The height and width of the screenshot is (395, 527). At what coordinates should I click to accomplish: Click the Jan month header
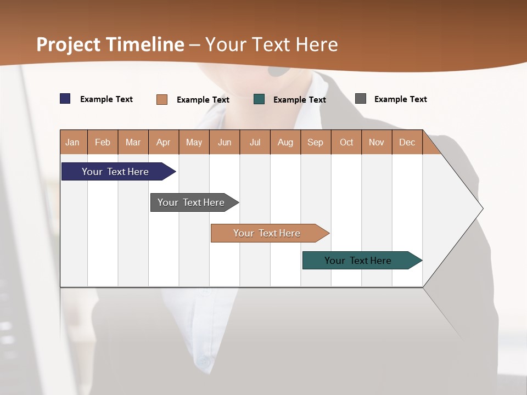[x=73, y=142]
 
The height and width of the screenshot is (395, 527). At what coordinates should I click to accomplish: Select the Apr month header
[x=164, y=142]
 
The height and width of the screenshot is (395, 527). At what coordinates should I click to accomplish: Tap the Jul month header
[x=255, y=142]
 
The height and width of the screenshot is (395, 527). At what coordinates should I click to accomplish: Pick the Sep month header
[x=316, y=142]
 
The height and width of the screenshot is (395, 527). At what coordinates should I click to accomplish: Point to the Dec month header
[x=407, y=142]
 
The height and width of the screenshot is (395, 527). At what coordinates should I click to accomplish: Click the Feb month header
[x=103, y=142]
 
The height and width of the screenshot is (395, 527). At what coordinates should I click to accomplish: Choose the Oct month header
[x=346, y=142]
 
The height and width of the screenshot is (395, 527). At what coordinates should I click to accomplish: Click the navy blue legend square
[x=65, y=99]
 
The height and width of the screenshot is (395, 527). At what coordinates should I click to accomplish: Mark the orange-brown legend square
[x=162, y=99]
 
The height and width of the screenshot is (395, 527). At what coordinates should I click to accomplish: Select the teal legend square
[x=259, y=99]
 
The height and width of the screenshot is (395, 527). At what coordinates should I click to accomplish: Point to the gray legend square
[x=361, y=99]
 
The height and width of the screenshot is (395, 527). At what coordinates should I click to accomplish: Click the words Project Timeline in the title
[x=110, y=44]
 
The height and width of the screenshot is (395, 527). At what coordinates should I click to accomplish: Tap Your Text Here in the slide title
[x=271, y=44]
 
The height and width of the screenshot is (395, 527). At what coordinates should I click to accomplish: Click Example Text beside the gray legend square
[x=400, y=99]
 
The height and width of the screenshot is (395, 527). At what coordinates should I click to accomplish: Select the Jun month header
[x=225, y=142]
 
